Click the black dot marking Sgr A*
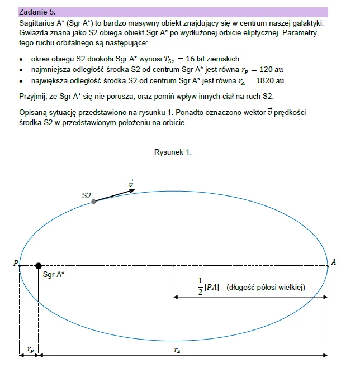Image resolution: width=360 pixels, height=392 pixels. coord(38,266)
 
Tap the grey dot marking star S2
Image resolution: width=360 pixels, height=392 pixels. coord(94,202)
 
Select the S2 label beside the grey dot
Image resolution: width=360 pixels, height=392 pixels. coord(86,195)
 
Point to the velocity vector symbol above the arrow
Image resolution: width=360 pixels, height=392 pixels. coord(131,182)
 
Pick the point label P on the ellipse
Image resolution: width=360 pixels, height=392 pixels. coord(16,262)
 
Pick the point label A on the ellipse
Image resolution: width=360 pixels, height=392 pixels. coord(334,262)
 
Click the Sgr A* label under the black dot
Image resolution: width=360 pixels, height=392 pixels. coord(53,275)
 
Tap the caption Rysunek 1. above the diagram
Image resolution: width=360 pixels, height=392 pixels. coord(173,152)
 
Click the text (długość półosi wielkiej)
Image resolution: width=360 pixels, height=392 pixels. coord(266,288)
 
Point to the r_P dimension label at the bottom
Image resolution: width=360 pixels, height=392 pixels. coord(30,350)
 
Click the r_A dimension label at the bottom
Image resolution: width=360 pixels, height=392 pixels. coord(177,350)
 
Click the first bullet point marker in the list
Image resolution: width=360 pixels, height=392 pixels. coord(21,59)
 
